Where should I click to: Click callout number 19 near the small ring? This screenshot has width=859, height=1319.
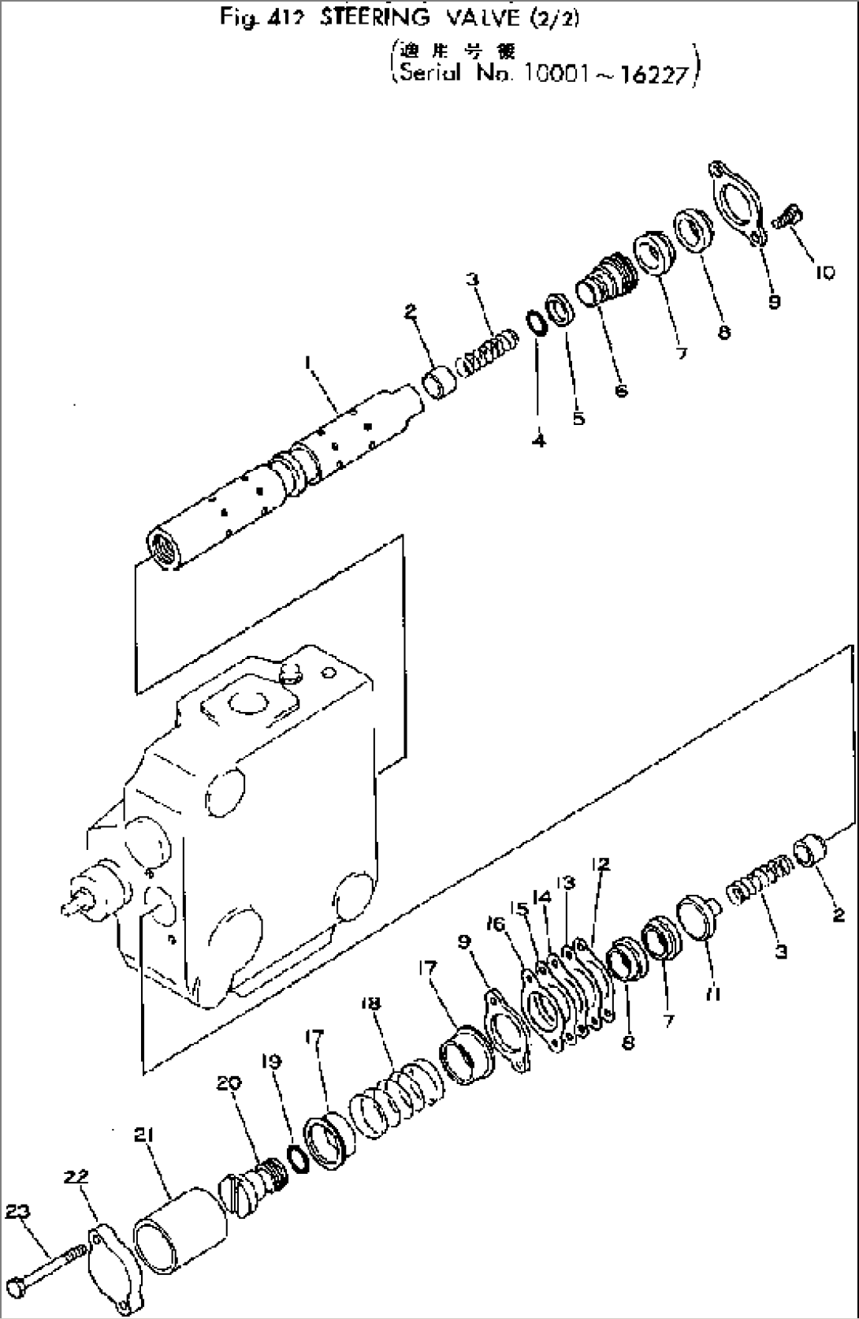(x=271, y=1084)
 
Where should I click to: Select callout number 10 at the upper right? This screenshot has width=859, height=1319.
(x=824, y=274)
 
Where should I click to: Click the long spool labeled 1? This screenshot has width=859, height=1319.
(x=284, y=473)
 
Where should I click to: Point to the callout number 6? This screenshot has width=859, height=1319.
(x=622, y=390)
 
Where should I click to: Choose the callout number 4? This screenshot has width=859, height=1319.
(x=539, y=441)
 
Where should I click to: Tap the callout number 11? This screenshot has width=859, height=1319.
(x=713, y=994)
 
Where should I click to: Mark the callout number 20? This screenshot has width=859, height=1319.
(x=228, y=1083)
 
